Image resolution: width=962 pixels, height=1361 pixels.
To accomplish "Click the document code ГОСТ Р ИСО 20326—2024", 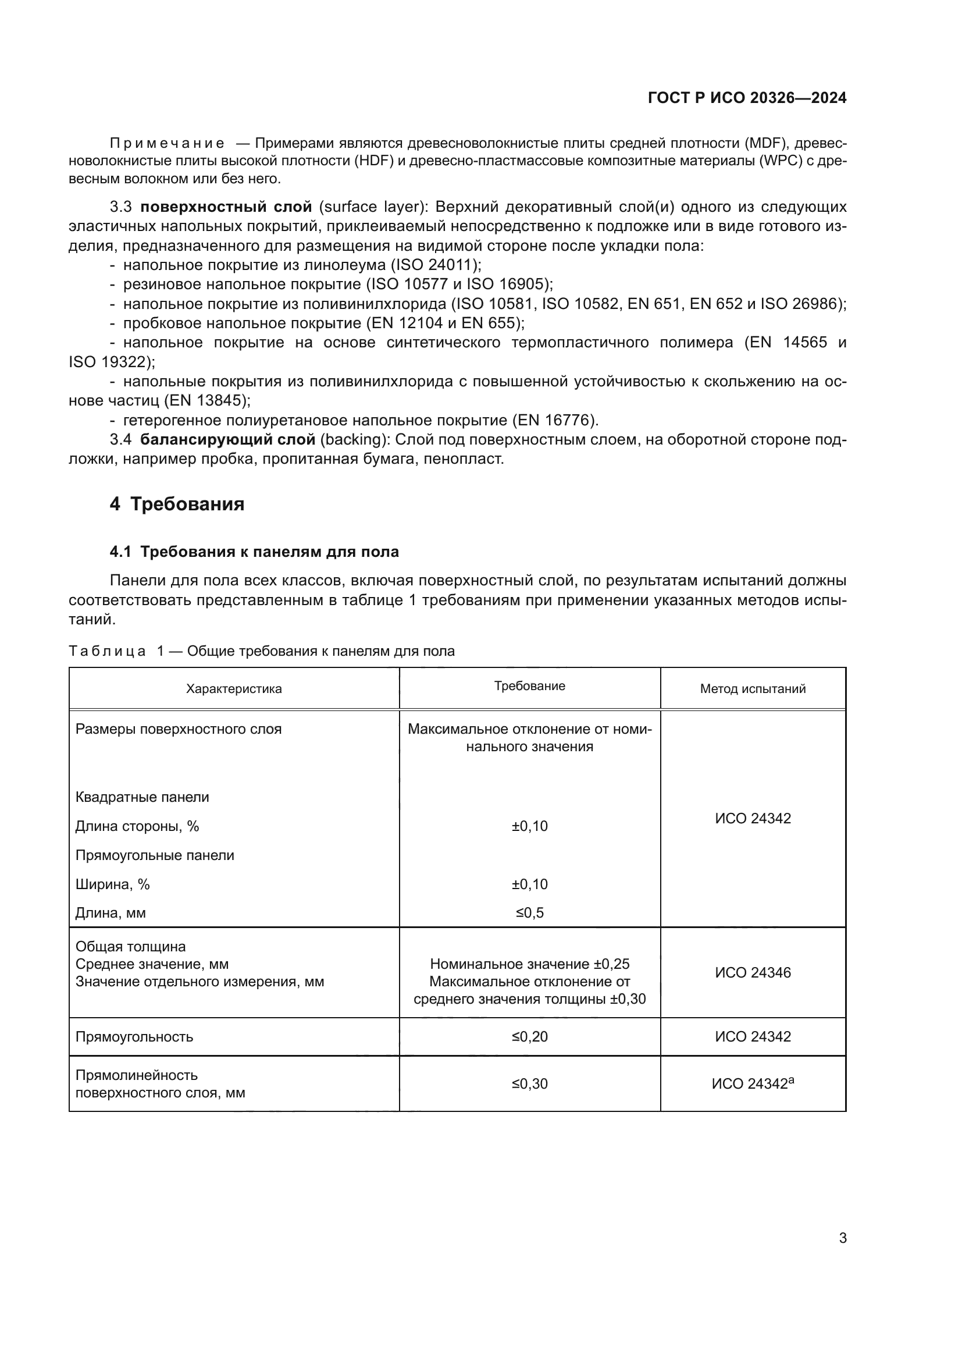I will [x=747, y=98].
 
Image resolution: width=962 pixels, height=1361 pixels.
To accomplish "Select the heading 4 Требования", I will [x=177, y=504].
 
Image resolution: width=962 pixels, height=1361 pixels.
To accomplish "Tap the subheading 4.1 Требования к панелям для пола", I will [x=254, y=552].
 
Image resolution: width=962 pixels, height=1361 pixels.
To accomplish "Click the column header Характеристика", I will [x=233, y=689].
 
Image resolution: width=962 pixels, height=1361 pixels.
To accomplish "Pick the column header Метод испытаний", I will [x=752, y=689].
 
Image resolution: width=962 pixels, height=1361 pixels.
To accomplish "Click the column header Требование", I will [x=530, y=686].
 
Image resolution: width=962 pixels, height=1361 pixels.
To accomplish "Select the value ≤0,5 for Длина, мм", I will [x=530, y=913].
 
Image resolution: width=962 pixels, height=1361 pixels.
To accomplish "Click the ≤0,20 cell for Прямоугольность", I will [x=530, y=1037].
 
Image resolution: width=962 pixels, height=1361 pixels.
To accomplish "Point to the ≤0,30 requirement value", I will [x=530, y=1083].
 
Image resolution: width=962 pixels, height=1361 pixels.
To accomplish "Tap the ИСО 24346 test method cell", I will [x=752, y=973].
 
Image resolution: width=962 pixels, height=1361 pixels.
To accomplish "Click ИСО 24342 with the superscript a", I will [x=752, y=1083].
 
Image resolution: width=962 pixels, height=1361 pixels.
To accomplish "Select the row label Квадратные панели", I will [x=142, y=797].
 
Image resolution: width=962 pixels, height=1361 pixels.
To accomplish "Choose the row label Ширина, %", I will [x=113, y=884].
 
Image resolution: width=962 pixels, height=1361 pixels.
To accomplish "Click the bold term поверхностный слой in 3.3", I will [x=226, y=207].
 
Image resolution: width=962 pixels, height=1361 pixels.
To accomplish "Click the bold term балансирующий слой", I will [x=227, y=440].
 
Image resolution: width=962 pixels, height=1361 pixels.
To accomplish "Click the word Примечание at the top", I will [x=167, y=144].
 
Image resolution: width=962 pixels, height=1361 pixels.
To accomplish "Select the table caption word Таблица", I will [x=107, y=652].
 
